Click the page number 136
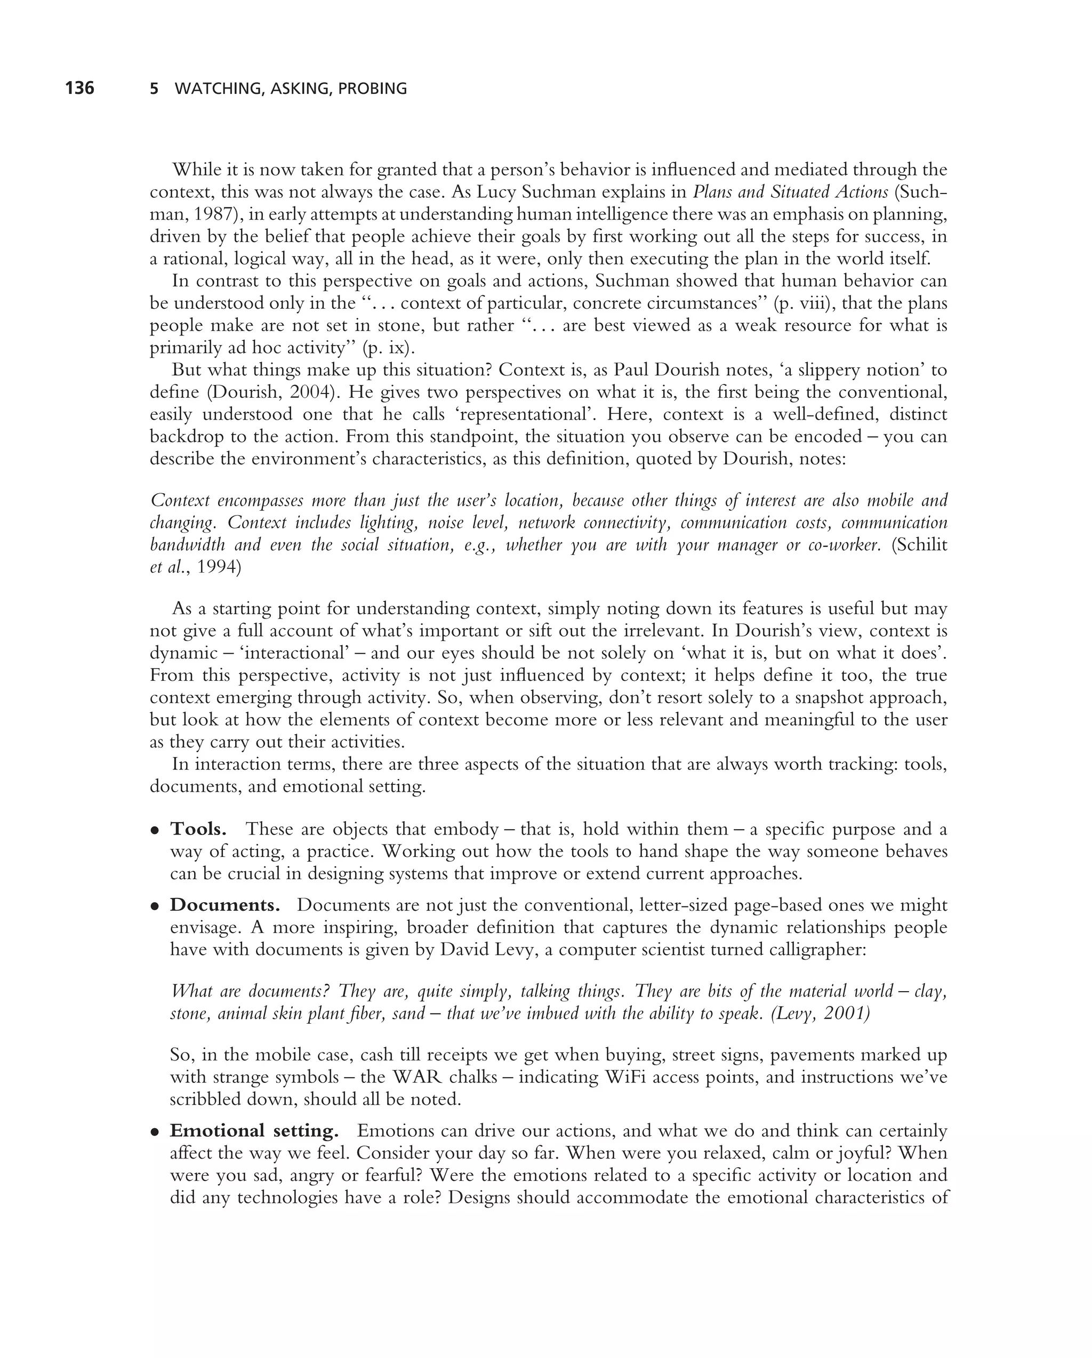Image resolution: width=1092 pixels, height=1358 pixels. pos(79,88)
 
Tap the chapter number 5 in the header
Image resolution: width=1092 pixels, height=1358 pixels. pos(154,89)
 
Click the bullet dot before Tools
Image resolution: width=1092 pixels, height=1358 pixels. pos(154,830)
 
